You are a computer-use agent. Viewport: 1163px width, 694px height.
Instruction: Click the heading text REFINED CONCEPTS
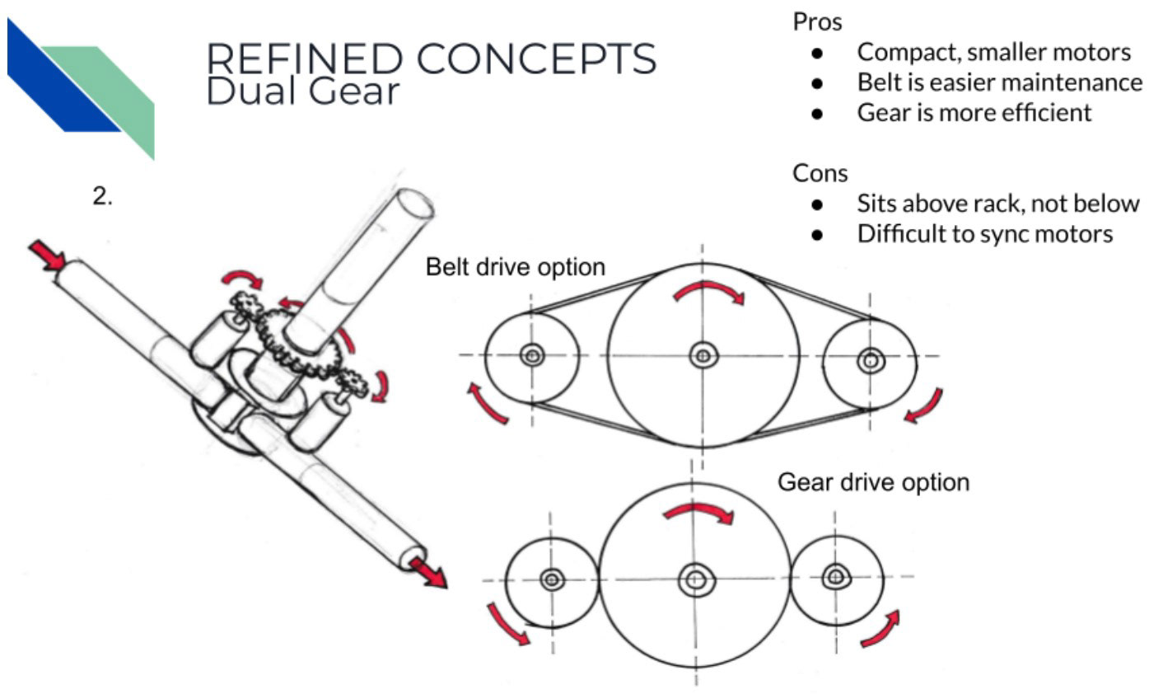(x=431, y=59)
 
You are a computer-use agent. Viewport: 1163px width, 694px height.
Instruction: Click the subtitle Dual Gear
(x=301, y=91)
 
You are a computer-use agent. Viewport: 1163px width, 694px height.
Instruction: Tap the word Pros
(x=817, y=21)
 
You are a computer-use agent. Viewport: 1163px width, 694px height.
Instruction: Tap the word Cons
(x=820, y=173)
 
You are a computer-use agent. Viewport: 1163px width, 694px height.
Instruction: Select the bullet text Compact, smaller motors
(x=993, y=52)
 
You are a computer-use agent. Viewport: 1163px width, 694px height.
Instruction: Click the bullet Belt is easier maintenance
(x=999, y=82)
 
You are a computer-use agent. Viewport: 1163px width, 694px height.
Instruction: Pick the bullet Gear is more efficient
(x=974, y=112)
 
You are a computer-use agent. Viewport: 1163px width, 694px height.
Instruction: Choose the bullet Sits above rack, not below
(x=997, y=204)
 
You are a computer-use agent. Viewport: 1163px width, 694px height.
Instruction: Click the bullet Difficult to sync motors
(x=984, y=234)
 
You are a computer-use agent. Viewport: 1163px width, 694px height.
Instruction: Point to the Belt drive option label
(x=515, y=267)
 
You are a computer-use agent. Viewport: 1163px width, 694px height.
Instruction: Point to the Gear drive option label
(x=873, y=482)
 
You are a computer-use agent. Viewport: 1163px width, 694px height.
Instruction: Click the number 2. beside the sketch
(x=102, y=198)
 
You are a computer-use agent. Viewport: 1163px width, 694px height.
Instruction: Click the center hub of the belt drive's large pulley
(x=703, y=355)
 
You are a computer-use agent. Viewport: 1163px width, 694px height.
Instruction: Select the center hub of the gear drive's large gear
(x=696, y=579)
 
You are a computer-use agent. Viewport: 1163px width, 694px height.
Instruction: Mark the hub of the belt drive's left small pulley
(x=532, y=355)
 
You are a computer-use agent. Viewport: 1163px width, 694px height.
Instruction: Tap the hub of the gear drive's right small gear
(x=835, y=575)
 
